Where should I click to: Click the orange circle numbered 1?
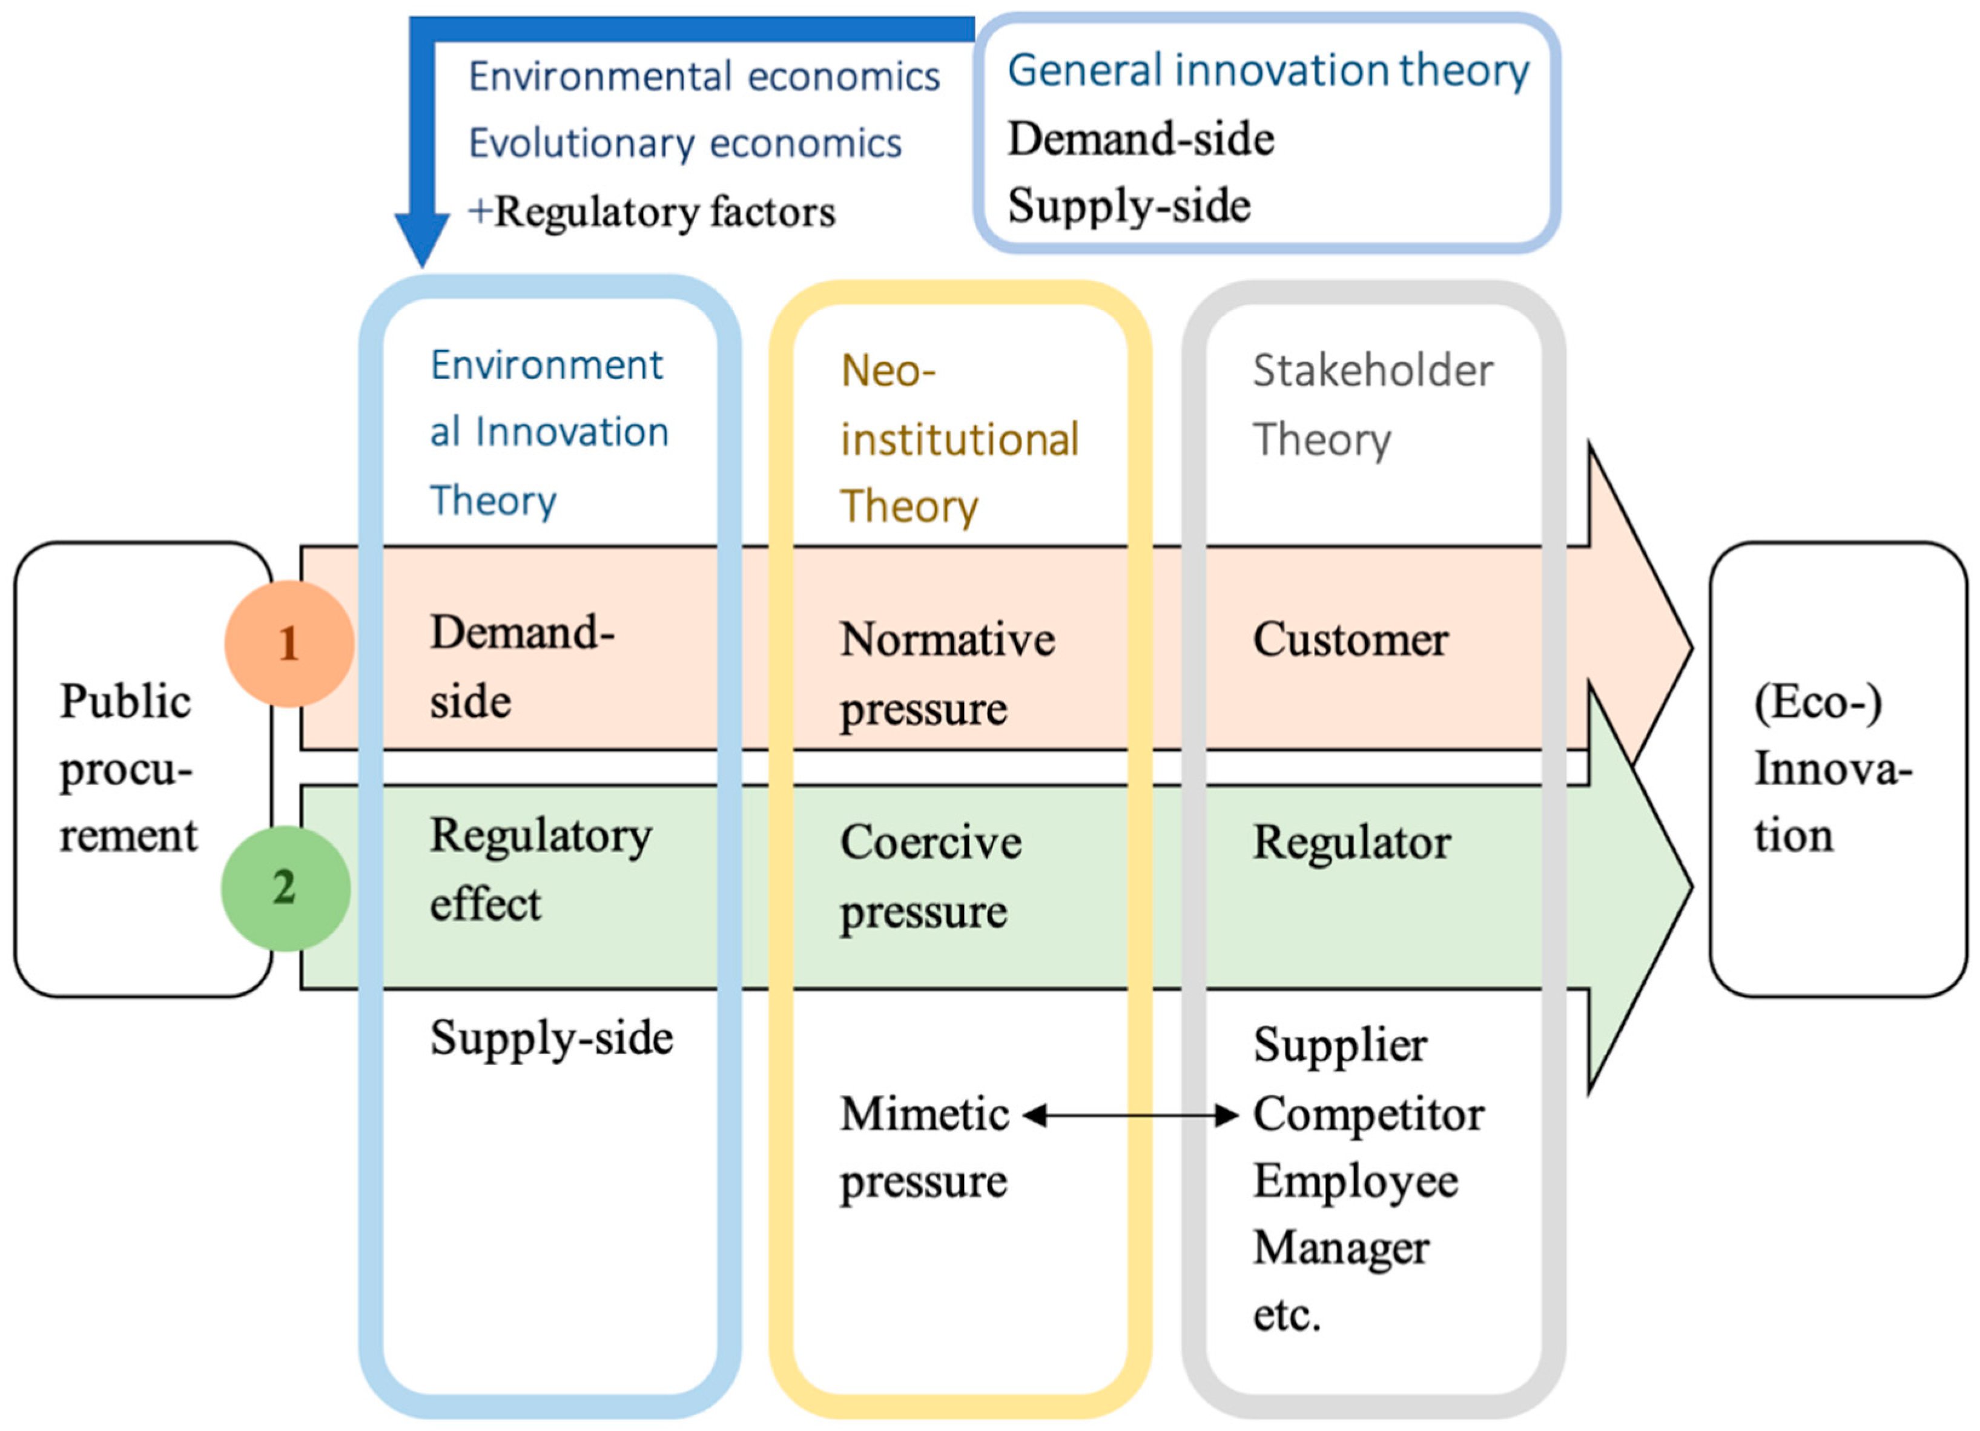pyautogui.click(x=289, y=643)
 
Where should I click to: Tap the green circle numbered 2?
pyautogui.click(x=285, y=887)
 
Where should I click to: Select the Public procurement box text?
pyautogui.click(x=128, y=768)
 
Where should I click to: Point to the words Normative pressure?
pyautogui.click(x=947, y=673)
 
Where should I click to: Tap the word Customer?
pyautogui.click(x=1350, y=640)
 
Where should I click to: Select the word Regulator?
pyautogui.click(x=1351, y=843)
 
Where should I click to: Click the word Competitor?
pyautogui.click(x=1368, y=1114)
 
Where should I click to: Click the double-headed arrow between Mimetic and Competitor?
pyautogui.click(x=1130, y=1114)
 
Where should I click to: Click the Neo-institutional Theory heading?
pyautogui.click(x=959, y=438)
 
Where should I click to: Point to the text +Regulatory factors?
pyautogui.click(x=652, y=212)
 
